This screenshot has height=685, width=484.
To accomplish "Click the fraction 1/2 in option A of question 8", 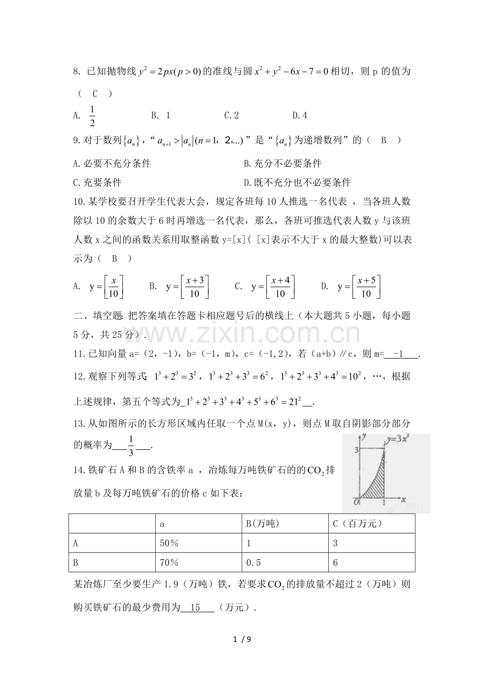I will coord(92,116).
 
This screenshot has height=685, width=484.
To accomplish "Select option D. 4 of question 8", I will coord(300,115).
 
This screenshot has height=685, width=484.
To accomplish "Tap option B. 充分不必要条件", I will coord(283,164).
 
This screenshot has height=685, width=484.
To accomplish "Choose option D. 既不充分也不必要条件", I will coord(297,183).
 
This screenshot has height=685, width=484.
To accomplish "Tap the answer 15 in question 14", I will coord(196,608).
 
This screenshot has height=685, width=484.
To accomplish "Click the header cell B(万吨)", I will coord(263,524).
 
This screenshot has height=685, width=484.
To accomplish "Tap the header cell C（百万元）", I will coord(357,524).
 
